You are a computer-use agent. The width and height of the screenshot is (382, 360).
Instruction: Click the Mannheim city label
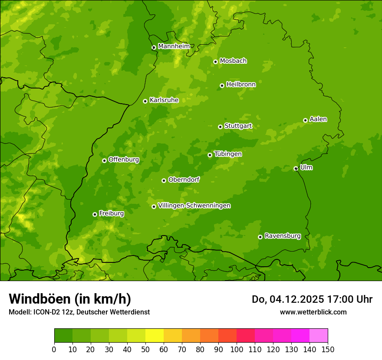(174, 46)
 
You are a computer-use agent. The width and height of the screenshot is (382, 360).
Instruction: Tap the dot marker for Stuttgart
(220, 127)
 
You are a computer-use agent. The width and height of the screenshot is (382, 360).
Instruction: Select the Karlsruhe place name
(164, 100)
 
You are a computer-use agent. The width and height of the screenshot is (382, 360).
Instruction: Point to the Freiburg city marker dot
(95, 214)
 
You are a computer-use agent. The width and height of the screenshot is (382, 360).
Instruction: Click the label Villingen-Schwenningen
(194, 206)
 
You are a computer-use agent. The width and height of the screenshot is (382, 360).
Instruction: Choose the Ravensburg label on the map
(282, 236)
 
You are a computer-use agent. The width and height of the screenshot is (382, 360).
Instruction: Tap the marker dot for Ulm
(296, 168)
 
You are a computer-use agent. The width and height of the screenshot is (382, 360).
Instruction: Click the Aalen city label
(318, 119)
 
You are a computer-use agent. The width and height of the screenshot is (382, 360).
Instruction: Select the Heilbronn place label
(240, 85)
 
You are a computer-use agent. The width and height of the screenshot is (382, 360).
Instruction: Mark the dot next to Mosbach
(215, 62)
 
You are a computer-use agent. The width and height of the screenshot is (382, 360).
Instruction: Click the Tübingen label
(227, 154)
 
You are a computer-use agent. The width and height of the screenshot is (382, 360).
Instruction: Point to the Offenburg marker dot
(104, 160)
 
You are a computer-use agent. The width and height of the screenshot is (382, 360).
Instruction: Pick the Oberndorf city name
(184, 180)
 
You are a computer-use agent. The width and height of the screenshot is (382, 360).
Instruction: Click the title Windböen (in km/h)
(69, 299)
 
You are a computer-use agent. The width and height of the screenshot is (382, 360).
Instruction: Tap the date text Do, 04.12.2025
(287, 299)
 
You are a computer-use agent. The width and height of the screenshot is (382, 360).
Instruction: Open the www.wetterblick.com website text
(313, 312)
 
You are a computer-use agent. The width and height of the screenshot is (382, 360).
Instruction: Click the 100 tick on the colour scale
(237, 350)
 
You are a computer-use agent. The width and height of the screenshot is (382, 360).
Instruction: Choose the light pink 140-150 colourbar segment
(319, 336)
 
